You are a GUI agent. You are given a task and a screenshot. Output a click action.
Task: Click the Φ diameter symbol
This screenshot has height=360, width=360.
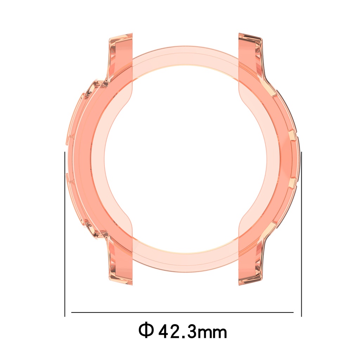146,330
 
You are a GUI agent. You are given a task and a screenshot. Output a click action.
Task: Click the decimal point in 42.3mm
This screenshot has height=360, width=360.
184,337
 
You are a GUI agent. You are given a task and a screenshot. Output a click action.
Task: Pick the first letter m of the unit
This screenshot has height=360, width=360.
205,333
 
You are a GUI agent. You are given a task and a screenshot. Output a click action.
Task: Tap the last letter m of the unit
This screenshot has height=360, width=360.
220,333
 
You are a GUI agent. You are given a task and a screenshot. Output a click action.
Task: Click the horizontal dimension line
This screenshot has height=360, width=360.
182,312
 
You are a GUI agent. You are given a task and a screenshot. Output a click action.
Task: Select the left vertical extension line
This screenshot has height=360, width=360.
65,234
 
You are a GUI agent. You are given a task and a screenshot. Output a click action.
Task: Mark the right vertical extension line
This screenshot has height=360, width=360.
301,234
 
